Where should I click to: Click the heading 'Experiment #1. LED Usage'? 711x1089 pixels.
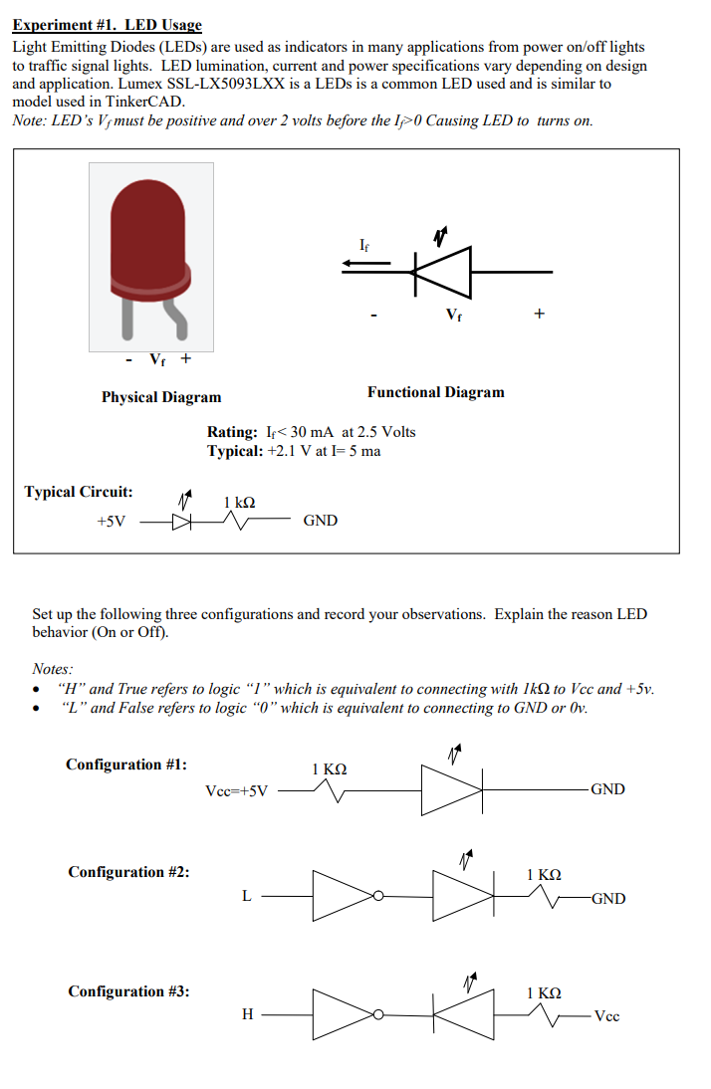pyautogui.click(x=107, y=25)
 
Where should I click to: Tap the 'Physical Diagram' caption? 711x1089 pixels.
pyautogui.click(x=161, y=397)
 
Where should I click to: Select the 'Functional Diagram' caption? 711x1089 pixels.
pyautogui.click(x=435, y=392)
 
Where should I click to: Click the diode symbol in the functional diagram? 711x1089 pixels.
pyautogui.click(x=440, y=271)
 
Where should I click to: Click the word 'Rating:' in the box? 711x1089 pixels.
pyautogui.click(x=232, y=432)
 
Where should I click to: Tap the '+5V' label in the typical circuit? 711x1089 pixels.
pyautogui.click(x=111, y=521)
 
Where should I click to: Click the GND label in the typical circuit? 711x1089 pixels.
pyautogui.click(x=320, y=521)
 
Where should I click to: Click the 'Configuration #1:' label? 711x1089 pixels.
pyautogui.click(x=126, y=764)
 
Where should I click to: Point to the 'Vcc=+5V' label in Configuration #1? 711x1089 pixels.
pyautogui.click(x=236, y=791)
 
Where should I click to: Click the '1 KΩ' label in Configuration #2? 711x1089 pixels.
pyautogui.click(x=544, y=875)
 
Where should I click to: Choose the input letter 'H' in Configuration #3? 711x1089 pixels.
pyautogui.click(x=247, y=1014)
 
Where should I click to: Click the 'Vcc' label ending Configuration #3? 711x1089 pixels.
pyautogui.click(x=606, y=1016)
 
